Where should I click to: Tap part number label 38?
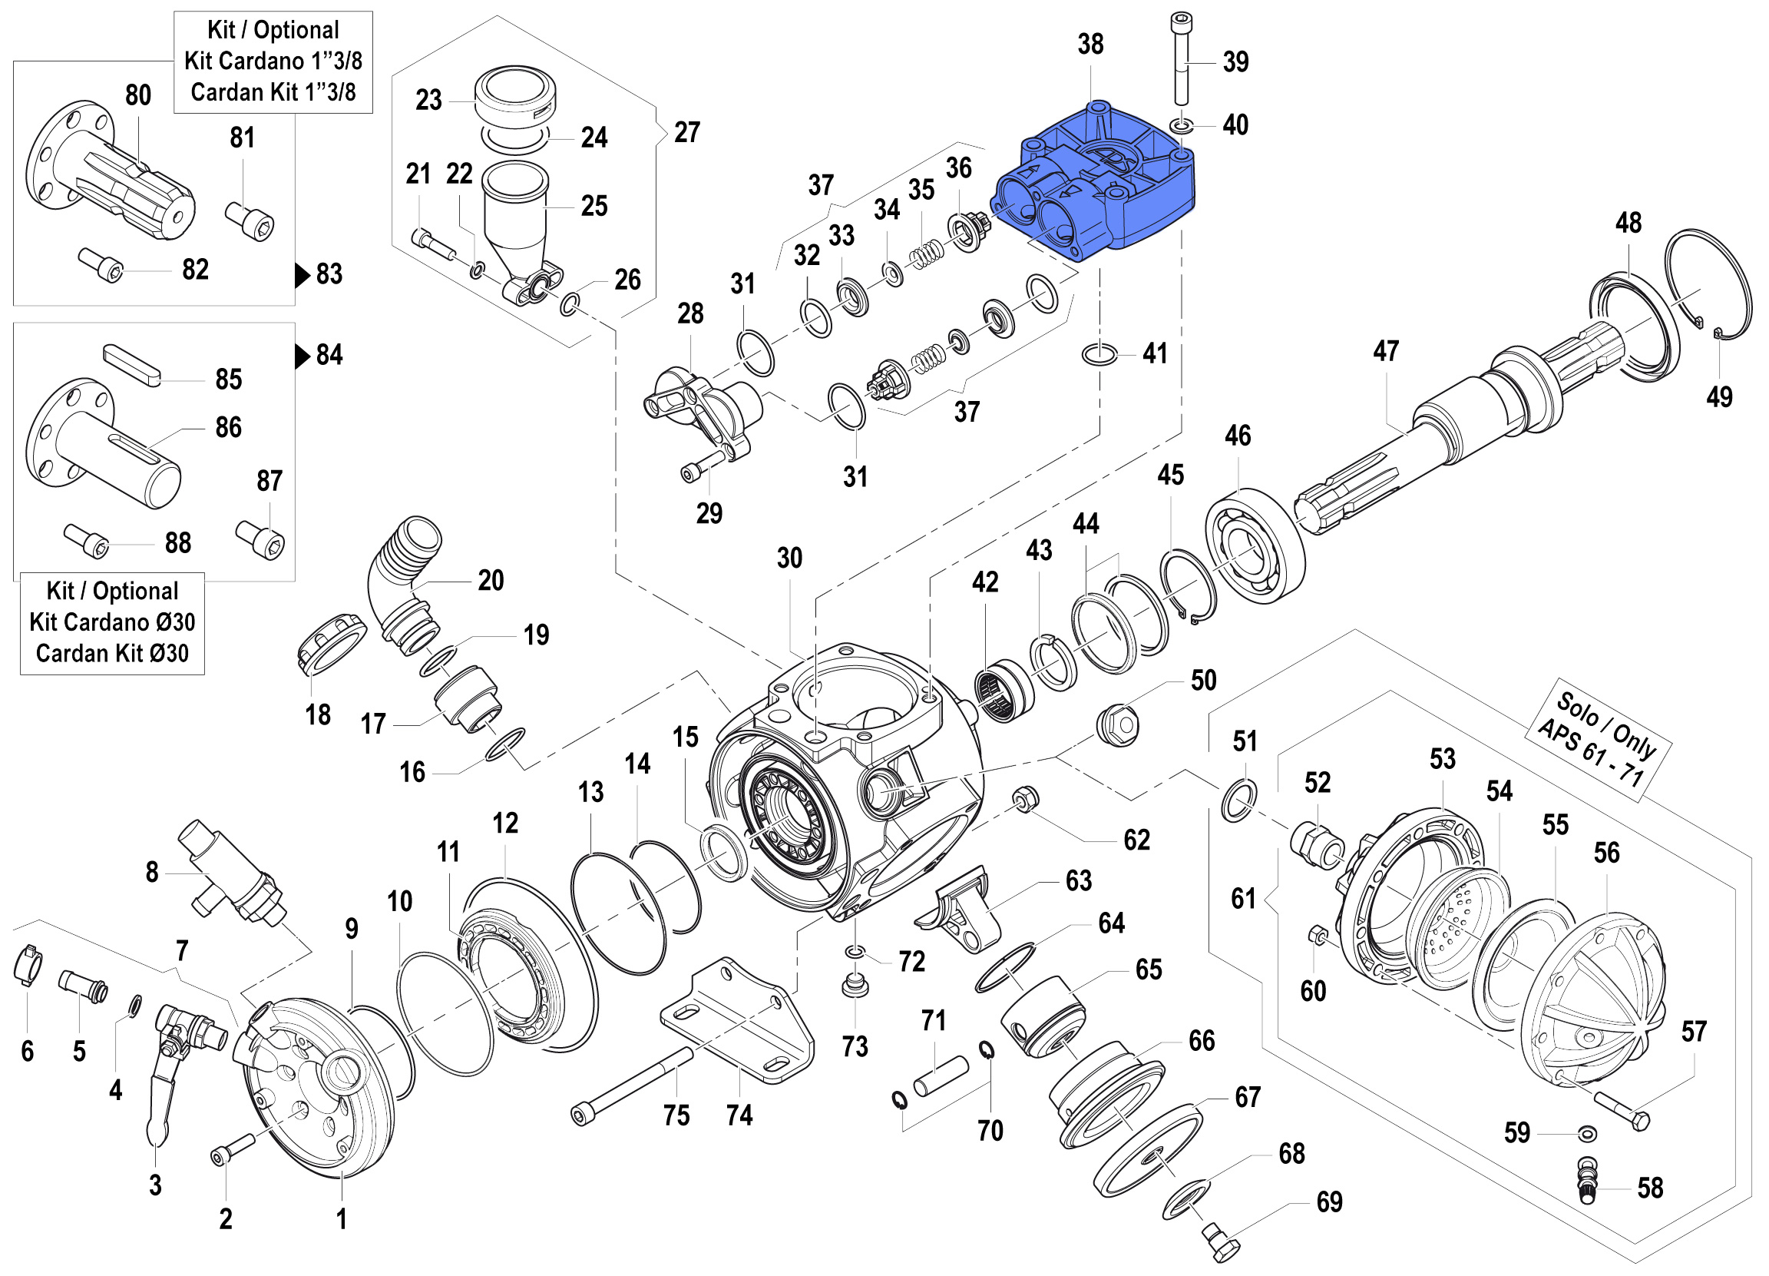[x=1090, y=45]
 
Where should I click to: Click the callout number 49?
[x=1719, y=397]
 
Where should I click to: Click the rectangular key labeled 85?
[x=132, y=365]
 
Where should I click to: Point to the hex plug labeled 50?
[x=1118, y=725]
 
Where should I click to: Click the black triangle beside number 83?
[x=302, y=275]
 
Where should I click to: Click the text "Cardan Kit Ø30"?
[x=112, y=653]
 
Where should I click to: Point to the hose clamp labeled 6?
[x=28, y=965]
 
